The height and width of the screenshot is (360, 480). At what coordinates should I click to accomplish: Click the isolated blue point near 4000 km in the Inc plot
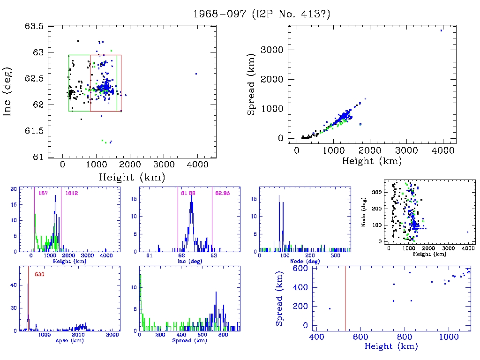[x=196, y=74]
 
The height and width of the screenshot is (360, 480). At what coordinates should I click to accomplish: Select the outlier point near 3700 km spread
[x=441, y=30]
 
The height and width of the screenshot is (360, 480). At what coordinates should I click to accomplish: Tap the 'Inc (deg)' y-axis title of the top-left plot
[x=8, y=91]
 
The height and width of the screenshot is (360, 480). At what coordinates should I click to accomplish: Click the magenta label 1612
[x=71, y=193]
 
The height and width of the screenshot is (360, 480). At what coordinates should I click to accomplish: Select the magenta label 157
[x=43, y=193]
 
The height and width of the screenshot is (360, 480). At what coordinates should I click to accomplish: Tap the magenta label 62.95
[x=221, y=193]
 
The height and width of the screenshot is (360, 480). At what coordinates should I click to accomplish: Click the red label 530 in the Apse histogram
[x=39, y=274]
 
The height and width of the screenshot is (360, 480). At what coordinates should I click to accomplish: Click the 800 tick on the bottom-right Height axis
[x=405, y=337]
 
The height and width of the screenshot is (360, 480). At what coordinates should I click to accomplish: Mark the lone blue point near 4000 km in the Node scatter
[x=467, y=232]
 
